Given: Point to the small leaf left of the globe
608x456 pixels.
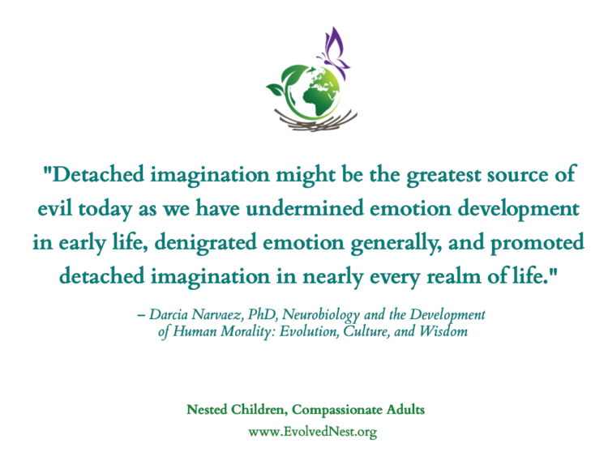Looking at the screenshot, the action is pyautogui.click(x=276, y=90).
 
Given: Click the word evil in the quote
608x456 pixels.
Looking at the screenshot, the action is pyautogui.click(x=54, y=208).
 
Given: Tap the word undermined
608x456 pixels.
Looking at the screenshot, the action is pyautogui.click(x=305, y=208).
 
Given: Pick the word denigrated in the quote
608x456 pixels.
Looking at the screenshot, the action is pyautogui.click(x=206, y=242).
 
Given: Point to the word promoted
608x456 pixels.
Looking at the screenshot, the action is pyautogui.click(x=537, y=243).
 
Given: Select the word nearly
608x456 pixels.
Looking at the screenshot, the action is pyautogui.click(x=332, y=277).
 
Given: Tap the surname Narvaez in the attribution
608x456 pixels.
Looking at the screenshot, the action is pyautogui.click(x=217, y=314).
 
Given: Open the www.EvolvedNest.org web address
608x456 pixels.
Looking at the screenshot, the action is pyautogui.click(x=313, y=432).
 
